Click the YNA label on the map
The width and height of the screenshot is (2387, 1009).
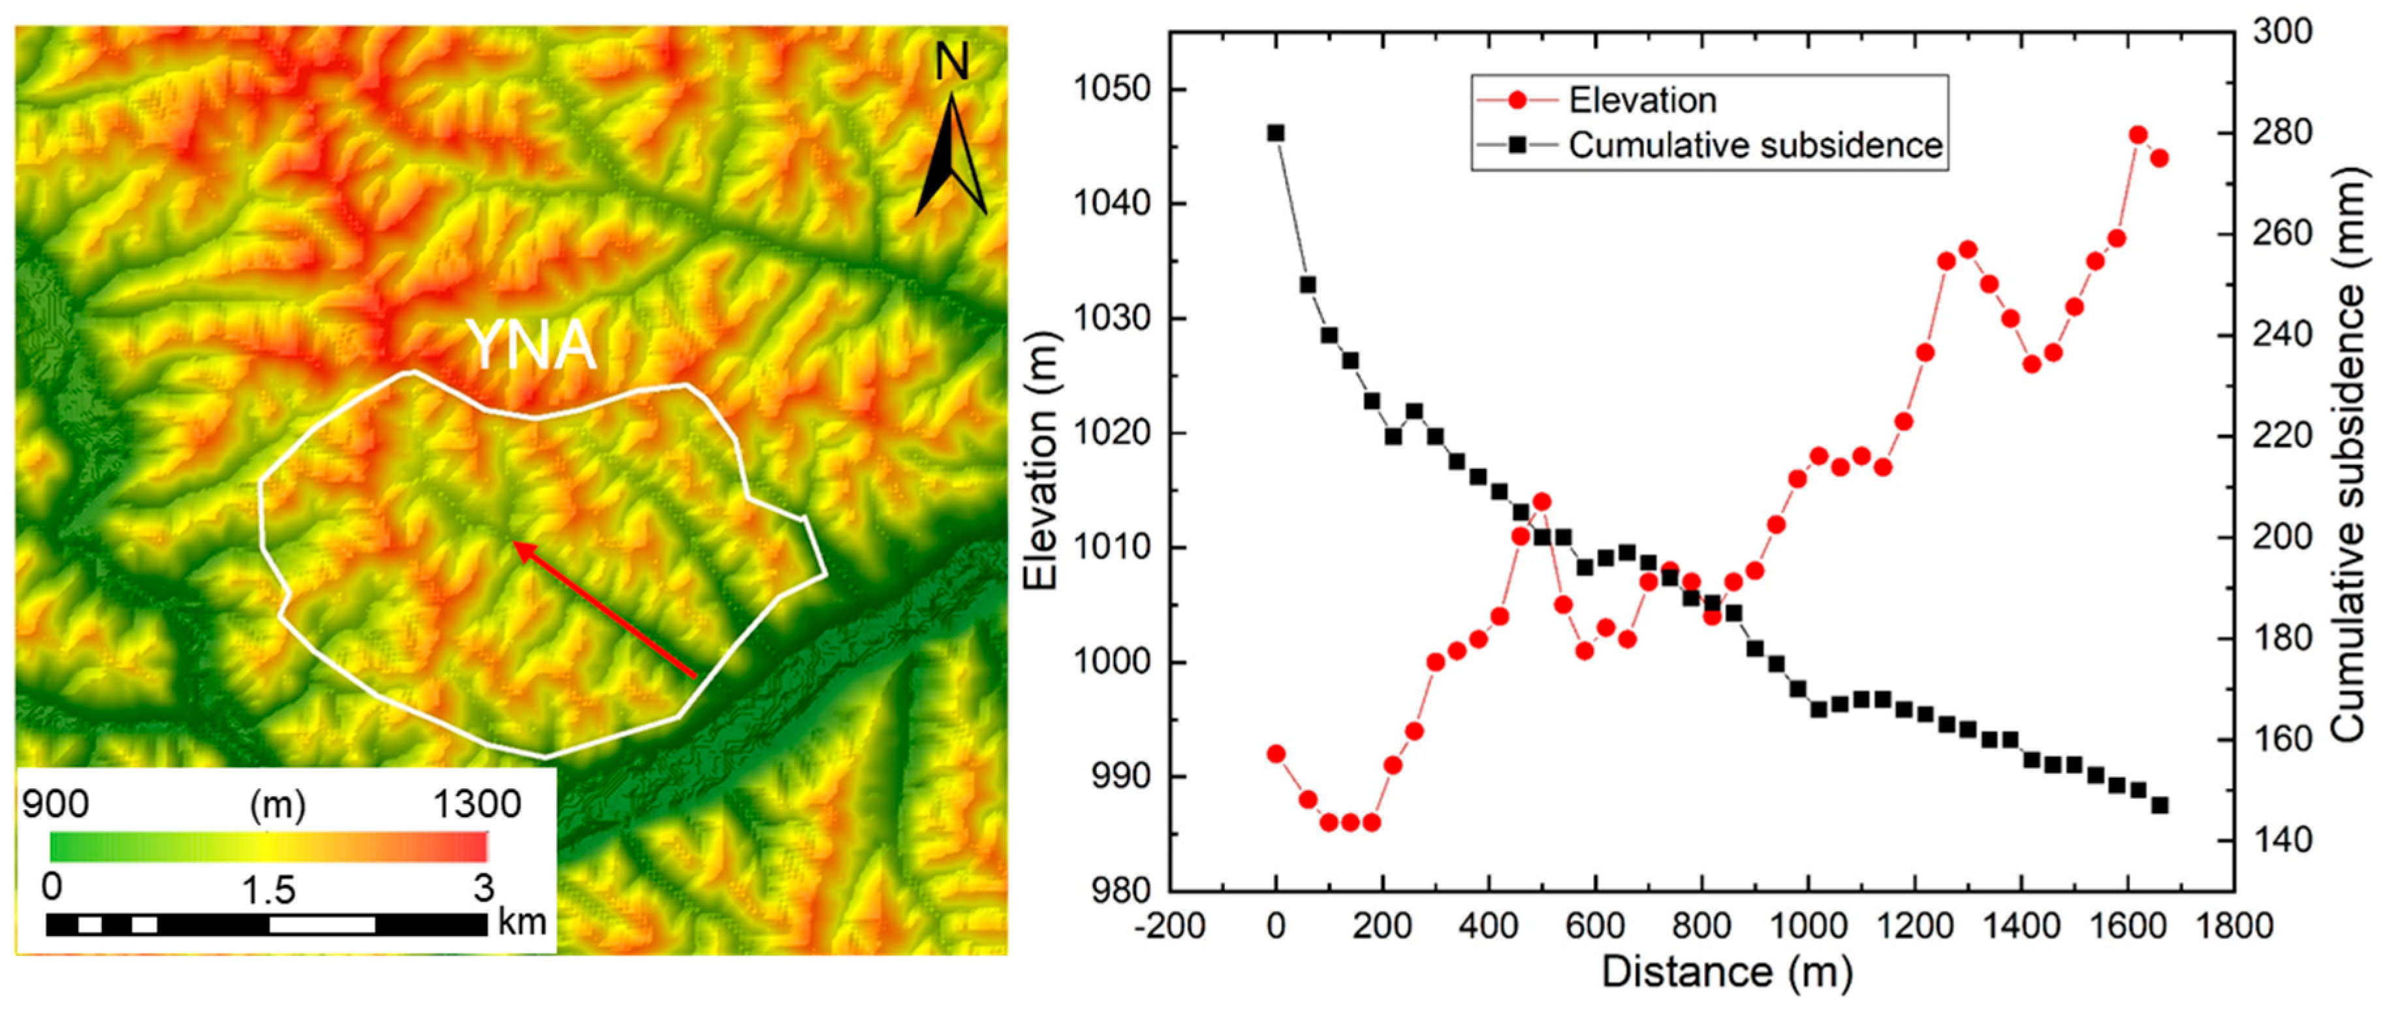tap(531, 345)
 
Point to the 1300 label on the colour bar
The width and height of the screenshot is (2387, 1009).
tap(477, 803)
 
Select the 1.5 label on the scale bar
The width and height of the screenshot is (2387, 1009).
tap(269, 890)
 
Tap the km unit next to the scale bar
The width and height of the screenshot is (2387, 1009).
tap(522, 922)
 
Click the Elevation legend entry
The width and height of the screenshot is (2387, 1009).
tap(1642, 100)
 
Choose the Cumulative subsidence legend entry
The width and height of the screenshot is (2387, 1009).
tap(1754, 146)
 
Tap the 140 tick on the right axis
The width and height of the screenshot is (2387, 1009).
tap(2281, 841)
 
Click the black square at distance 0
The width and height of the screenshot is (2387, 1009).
tap(1276, 133)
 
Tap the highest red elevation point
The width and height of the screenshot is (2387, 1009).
tap(2138, 135)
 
